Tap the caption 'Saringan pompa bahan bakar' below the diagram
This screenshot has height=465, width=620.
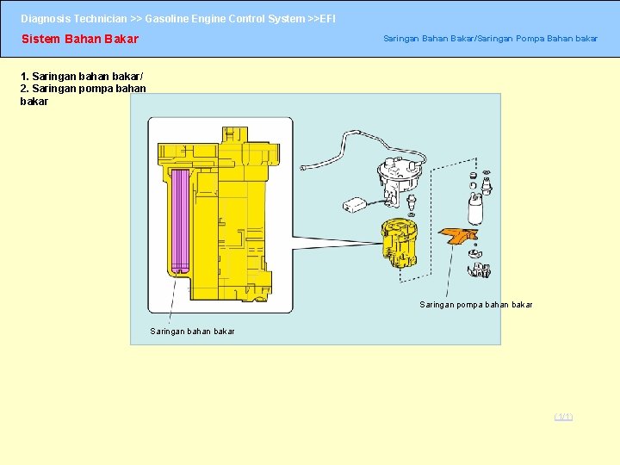[475, 305]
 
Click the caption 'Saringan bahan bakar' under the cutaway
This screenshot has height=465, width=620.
[192, 332]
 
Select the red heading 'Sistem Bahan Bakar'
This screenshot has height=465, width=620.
[79, 39]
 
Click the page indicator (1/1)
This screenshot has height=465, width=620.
[563, 417]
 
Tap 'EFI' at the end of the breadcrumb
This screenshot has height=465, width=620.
[327, 18]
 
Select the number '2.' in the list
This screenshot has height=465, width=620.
[26, 88]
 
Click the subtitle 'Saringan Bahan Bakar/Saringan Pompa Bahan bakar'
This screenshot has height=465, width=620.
[490, 39]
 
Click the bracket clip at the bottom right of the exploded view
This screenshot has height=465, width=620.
[478, 270]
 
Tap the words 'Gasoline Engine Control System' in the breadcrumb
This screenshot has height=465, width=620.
[224, 18]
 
